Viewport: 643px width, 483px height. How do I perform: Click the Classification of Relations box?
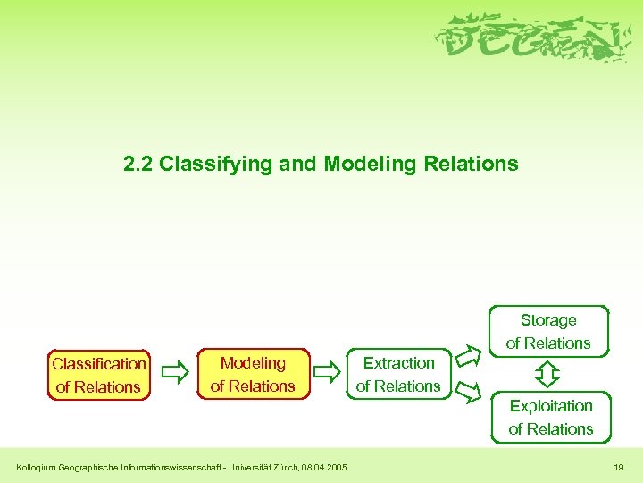pyautogui.click(x=98, y=375)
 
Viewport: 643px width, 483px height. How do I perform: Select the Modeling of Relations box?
pyautogui.click(x=253, y=374)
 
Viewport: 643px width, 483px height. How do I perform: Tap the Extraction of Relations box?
pyautogui.click(x=398, y=374)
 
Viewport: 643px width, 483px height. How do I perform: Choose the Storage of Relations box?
pyautogui.click(x=548, y=331)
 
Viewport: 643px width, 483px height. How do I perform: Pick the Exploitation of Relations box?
pyautogui.click(x=551, y=417)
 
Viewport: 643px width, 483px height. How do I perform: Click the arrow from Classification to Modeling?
pyautogui.click(x=177, y=369)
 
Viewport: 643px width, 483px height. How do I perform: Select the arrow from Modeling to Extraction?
pyautogui.click(x=329, y=368)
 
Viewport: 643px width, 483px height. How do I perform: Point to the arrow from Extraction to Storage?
pyautogui.click(x=467, y=355)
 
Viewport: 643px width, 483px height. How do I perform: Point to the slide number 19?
pyautogui.click(x=619, y=467)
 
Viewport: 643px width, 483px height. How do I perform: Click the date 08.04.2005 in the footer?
pyautogui.click(x=324, y=467)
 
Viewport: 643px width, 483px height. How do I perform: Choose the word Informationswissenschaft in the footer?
pyautogui.click(x=165, y=467)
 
